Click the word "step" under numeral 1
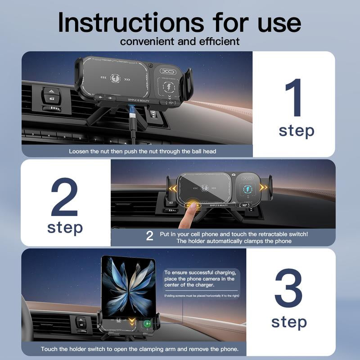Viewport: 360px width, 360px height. (x=296, y=131)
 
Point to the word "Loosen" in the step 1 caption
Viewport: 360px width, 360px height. (x=79, y=151)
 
